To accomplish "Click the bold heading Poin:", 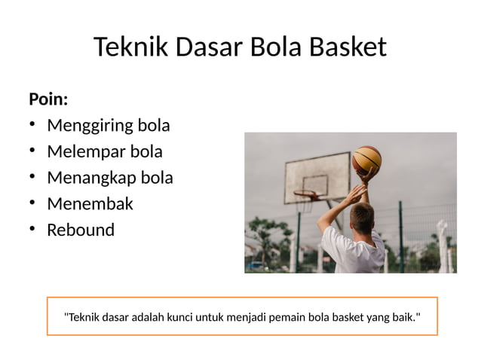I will pyautogui.click(x=48, y=99).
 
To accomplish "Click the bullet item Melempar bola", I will pyautogui.click(x=105, y=151).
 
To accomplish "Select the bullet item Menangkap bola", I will pyautogui.click(x=110, y=178).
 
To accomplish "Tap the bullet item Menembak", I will pyautogui.click(x=90, y=203).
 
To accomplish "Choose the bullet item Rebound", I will pyautogui.click(x=81, y=230).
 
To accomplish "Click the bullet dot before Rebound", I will pyautogui.click(x=33, y=230).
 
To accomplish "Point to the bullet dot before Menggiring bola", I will pyautogui.click(x=33, y=125).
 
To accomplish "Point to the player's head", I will pyautogui.click(x=363, y=218).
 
